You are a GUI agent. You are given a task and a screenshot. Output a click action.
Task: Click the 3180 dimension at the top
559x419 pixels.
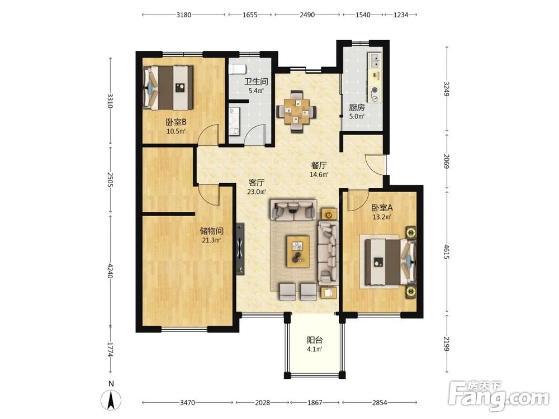[x=183, y=15]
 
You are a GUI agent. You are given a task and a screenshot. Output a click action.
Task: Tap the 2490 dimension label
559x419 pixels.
[x=307, y=15]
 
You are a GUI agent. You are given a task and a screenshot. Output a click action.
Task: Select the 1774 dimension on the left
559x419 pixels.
[x=110, y=350]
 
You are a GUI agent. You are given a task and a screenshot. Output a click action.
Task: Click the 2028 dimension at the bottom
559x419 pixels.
[x=262, y=403]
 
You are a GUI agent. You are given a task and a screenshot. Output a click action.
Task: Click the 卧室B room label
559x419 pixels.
[x=176, y=122]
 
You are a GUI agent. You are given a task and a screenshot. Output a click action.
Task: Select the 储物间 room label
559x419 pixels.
[x=211, y=231]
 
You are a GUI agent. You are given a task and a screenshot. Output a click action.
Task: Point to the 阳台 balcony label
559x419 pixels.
[x=315, y=340]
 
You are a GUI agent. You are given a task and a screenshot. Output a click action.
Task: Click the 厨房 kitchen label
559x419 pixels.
[x=357, y=107]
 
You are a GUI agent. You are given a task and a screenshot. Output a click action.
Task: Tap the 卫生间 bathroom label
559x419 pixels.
[x=255, y=81]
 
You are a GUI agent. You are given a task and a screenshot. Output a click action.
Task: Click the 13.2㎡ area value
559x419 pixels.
[x=382, y=217]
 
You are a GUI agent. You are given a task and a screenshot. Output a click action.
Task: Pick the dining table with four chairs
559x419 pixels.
[x=296, y=112]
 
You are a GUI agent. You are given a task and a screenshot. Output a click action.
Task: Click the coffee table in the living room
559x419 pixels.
[x=298, y=251]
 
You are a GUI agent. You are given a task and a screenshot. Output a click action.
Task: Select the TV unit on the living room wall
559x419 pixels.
[x=240, y=249]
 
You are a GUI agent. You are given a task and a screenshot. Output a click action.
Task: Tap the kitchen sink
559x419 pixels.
[x=375, y=60]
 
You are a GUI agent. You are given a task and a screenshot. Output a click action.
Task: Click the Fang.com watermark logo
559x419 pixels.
[x=499, y=395]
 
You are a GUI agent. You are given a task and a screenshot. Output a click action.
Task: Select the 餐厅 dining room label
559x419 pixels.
[x=319, y=165]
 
